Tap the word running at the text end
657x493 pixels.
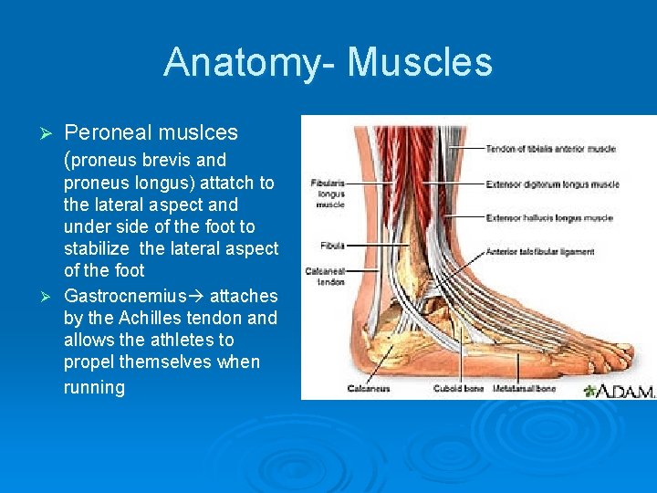(x=94, y=387)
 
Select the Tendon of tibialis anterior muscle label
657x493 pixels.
(x=550, y=149)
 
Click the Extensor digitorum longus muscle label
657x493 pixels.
(x=552, y=184)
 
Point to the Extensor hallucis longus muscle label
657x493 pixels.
(x=550, y=218)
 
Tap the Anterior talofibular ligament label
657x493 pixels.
(x=539, y=252)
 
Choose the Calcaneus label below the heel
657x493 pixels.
(x=368, y=388)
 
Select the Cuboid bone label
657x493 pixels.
(x=457, y=388)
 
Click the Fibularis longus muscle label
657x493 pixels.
(x=328, y=194)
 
